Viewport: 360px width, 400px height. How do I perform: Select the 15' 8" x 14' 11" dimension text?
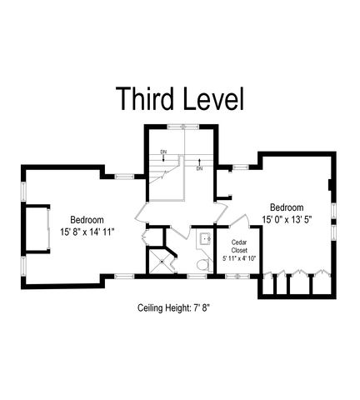[87, 231]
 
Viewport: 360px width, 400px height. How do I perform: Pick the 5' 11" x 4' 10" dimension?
[240, 259]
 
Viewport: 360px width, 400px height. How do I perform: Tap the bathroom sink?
[204, 238]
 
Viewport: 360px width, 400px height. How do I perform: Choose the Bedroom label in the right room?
[286, 207]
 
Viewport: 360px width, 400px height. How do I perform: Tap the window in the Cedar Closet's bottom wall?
[239, 274]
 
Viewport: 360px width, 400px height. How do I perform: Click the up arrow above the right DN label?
[199, 160]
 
